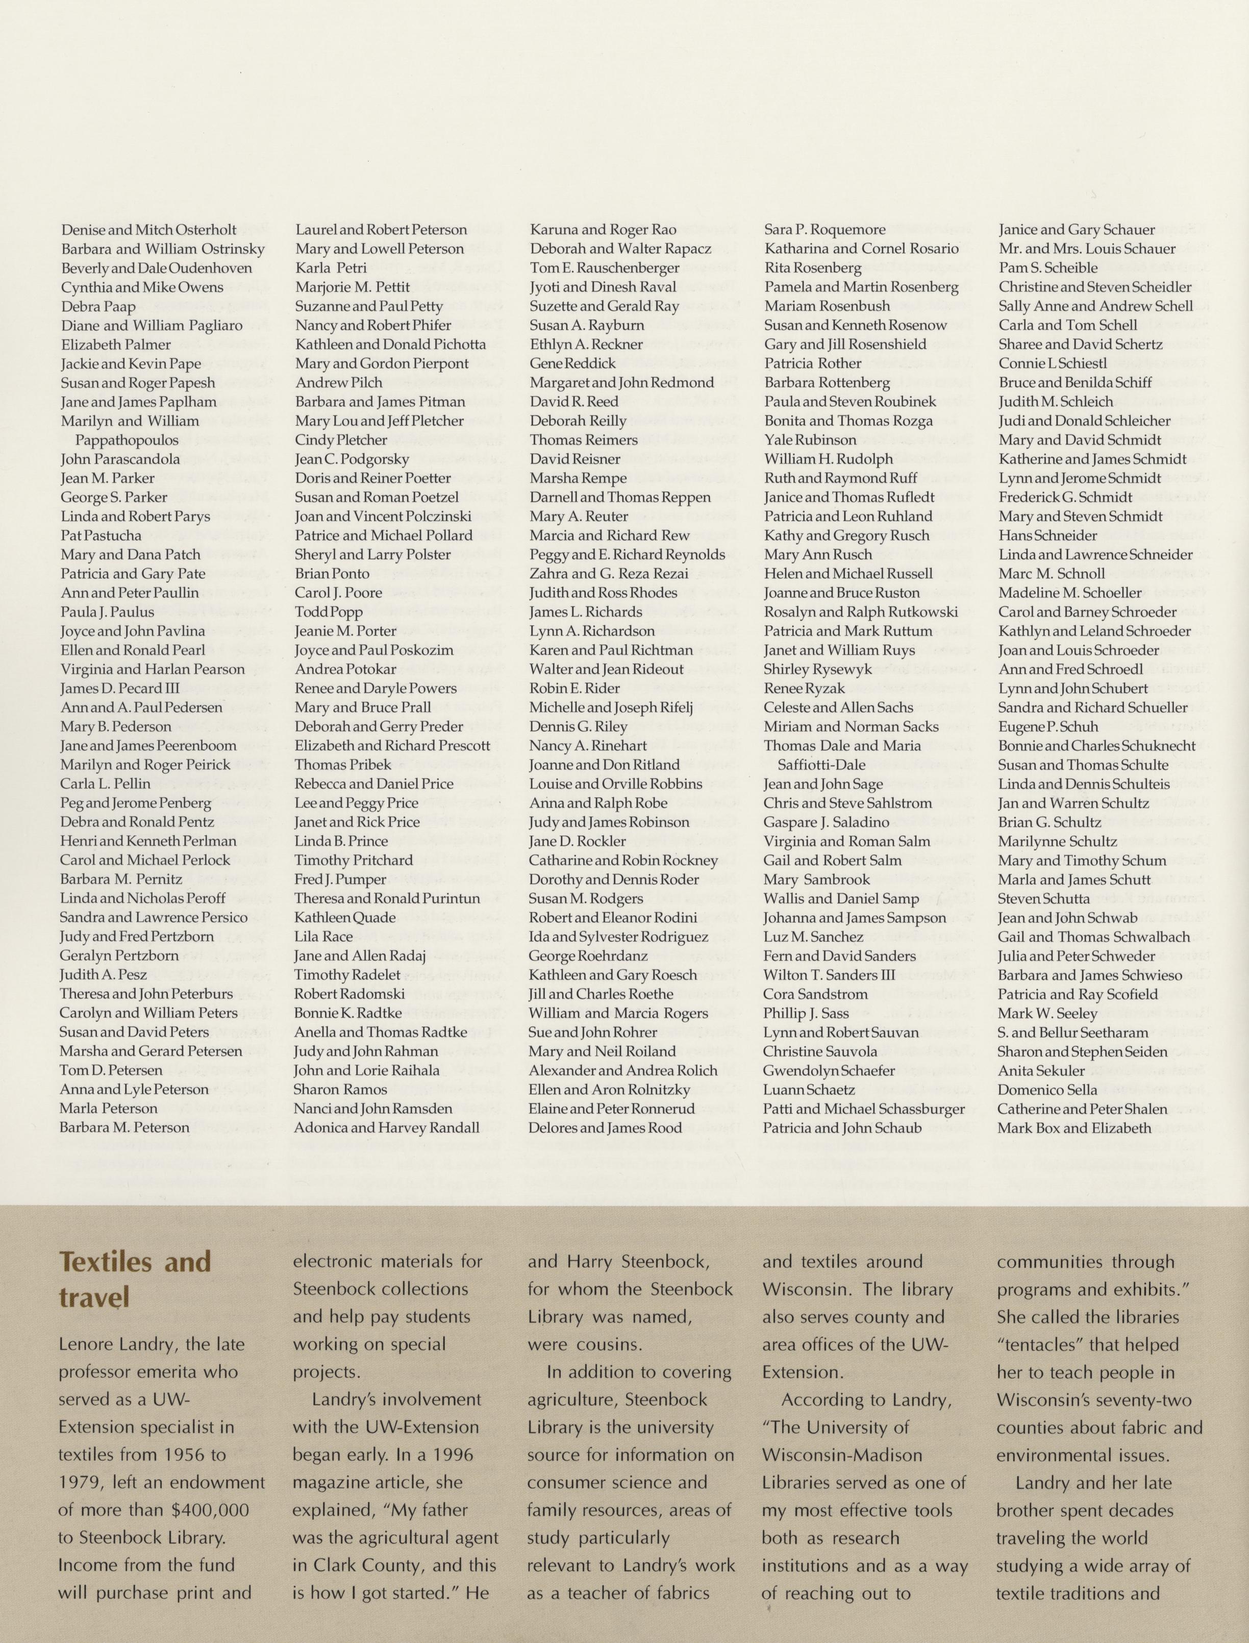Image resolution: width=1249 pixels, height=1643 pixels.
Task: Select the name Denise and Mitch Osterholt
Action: [x=148, y=230]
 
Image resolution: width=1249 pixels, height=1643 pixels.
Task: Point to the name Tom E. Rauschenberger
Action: [x=605, y=268]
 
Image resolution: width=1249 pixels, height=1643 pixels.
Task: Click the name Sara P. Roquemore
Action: [x=825, y=230]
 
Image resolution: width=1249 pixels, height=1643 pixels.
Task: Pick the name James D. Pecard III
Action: [x=120, y=689]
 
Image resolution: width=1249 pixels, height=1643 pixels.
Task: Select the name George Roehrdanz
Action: [x=588, y=956]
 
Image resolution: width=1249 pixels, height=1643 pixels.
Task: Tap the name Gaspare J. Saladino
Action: [x=826, y=822]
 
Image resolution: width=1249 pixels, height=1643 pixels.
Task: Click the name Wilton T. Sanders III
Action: [x=829, y=975]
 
